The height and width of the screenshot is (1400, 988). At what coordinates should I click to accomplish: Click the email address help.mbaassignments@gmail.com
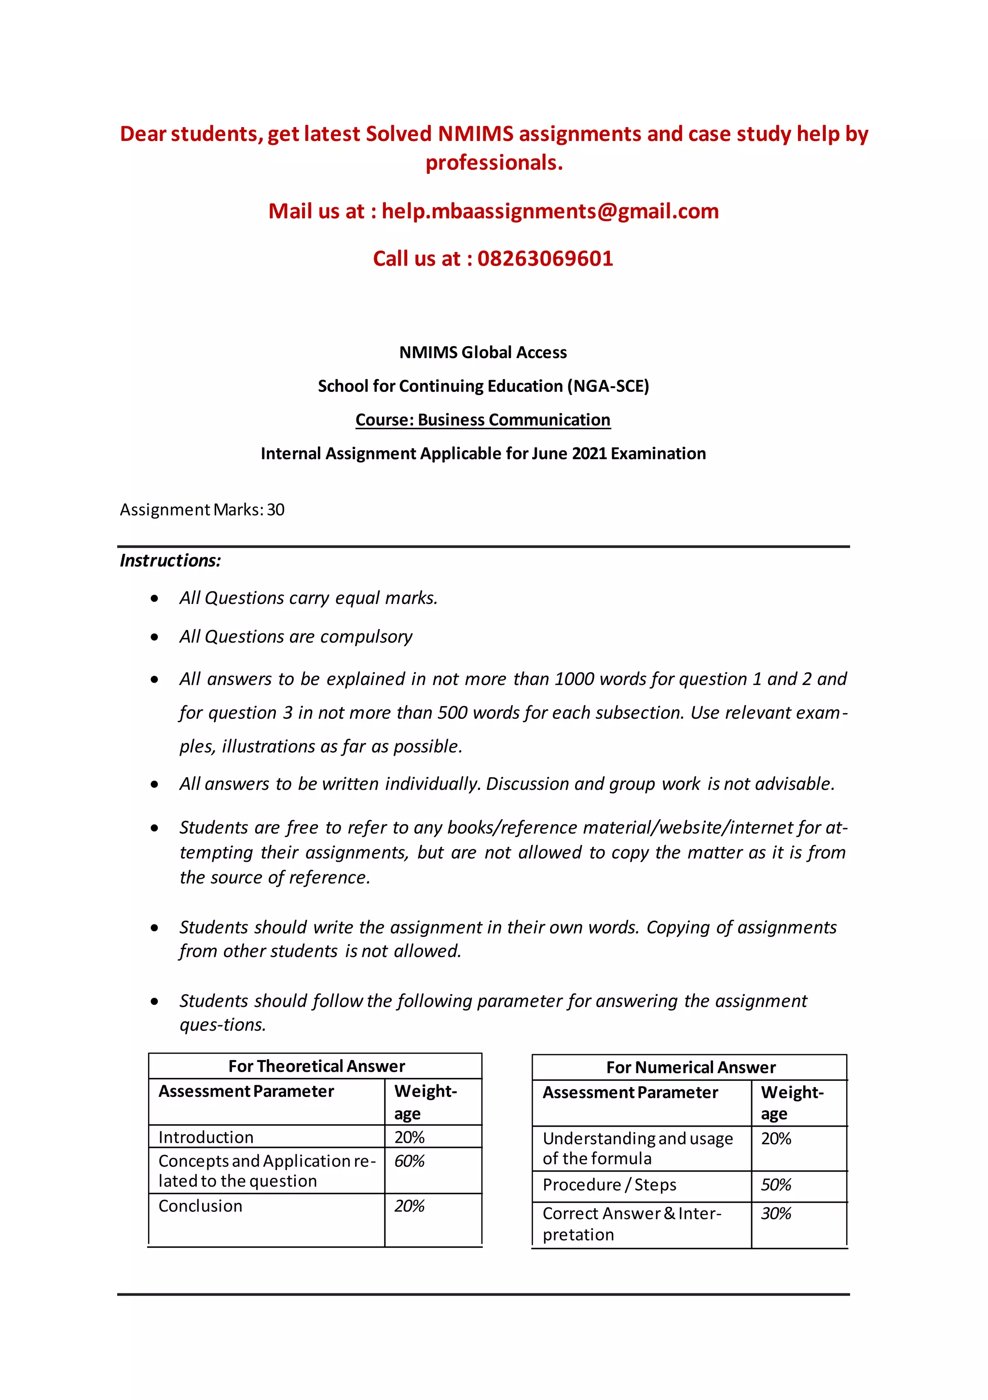[550, 211]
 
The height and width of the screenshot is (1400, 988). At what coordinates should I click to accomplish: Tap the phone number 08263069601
[545, 259]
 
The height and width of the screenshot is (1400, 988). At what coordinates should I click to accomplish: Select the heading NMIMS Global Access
[483, 352]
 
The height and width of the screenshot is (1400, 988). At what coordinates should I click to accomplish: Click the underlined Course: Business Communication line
[483, 420]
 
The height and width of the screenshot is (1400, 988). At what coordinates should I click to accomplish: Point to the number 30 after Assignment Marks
[275, 510]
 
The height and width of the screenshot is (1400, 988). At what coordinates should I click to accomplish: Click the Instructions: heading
[170, 560]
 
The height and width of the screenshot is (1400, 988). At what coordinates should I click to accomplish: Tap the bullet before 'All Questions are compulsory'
[155, 637]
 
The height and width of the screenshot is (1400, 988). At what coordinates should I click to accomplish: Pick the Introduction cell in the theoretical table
[206, 1137]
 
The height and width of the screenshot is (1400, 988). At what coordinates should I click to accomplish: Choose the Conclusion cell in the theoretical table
[201, 1206]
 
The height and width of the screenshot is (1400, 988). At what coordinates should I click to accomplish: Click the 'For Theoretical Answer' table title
[316, 1066]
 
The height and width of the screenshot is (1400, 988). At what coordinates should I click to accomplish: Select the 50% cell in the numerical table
[775, 1185]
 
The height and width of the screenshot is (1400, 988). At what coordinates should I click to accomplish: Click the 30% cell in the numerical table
[775, 1214]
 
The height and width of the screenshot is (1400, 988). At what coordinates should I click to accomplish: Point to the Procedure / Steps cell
[609, 1185]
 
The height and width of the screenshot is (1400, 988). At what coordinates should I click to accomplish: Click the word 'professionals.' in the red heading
[494, 163]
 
